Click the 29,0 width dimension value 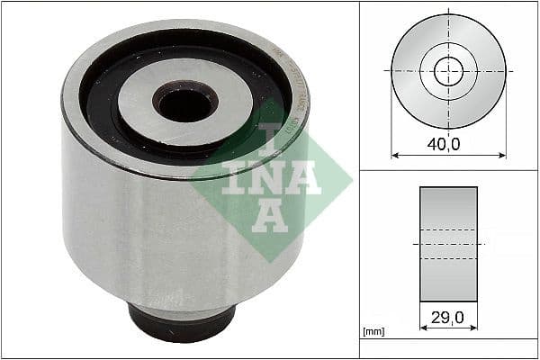[x=447, y=318]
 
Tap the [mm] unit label [x=373, y=332]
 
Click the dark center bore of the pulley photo [x=184, y=103]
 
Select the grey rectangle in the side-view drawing [x=448, y=244]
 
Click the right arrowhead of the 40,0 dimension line [x=502, y=155]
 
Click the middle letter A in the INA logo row [x=304, y=177]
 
